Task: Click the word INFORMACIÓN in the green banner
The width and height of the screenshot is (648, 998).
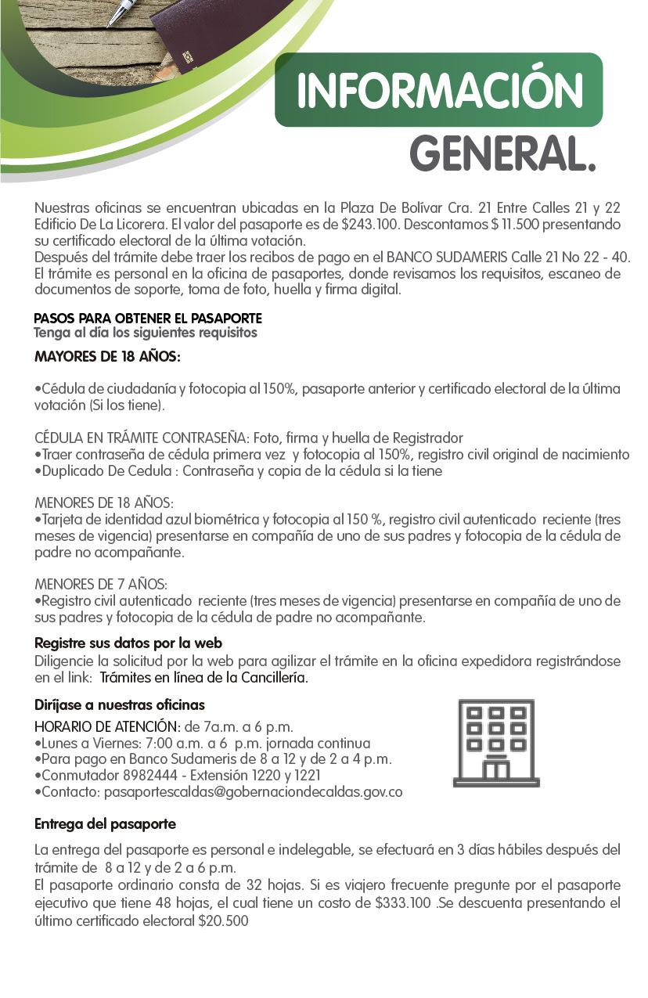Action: tap(440, 92)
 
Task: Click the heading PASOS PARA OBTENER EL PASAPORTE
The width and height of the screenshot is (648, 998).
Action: tap(148, 319)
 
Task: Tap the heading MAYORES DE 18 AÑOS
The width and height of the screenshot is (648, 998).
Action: tap(107, 357)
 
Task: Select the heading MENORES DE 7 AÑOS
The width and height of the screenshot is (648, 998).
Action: tap(101, 585)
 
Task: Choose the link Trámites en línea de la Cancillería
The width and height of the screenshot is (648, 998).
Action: tap(204, 677)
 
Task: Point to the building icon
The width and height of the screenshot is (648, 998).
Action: tap(495, 743)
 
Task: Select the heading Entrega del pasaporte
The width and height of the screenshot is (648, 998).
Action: tap(106, 824)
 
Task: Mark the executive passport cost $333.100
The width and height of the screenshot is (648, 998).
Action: tap(404, 903)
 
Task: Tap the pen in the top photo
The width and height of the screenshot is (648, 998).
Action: tap(121, 12)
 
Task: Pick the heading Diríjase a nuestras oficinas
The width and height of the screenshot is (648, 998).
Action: tap(120, 704)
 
